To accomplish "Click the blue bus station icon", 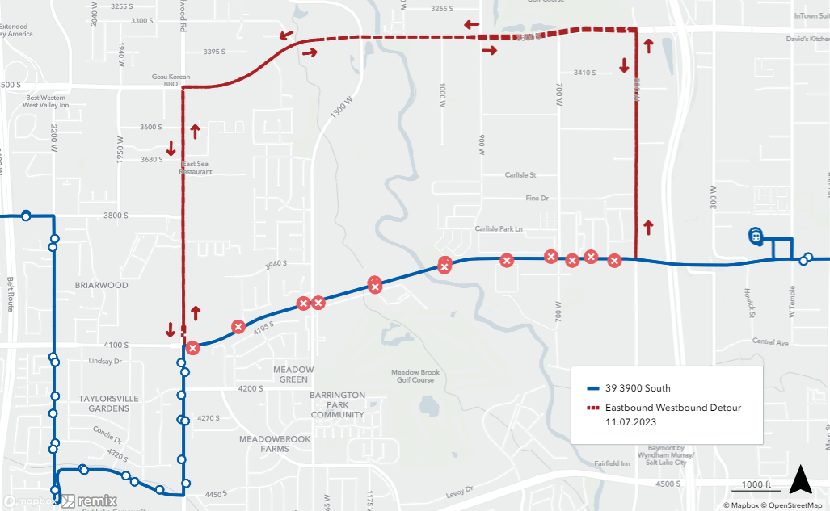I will pyautogui.click(x=755, y=236).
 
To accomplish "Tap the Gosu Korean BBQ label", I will pyautogui.click(x=171, y=80).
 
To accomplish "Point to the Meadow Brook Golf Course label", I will pyautogui.click(x=415, y=376).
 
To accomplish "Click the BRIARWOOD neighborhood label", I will pyautogui.click(x=102, y=285).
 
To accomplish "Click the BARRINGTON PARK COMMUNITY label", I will pyautogui.click(x=338, y=405).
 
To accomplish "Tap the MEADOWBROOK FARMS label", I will pyautogui.click(x=275, y=445).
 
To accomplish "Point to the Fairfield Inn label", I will pyautogui.click(x=612, y=463).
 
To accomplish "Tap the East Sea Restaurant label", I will pyautogui.click(x=196, y=168).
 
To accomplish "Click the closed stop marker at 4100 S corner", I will pyautogui.click(x=192, y=348).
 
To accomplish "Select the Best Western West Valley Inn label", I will pyautogui.click(x=46, y=102).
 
